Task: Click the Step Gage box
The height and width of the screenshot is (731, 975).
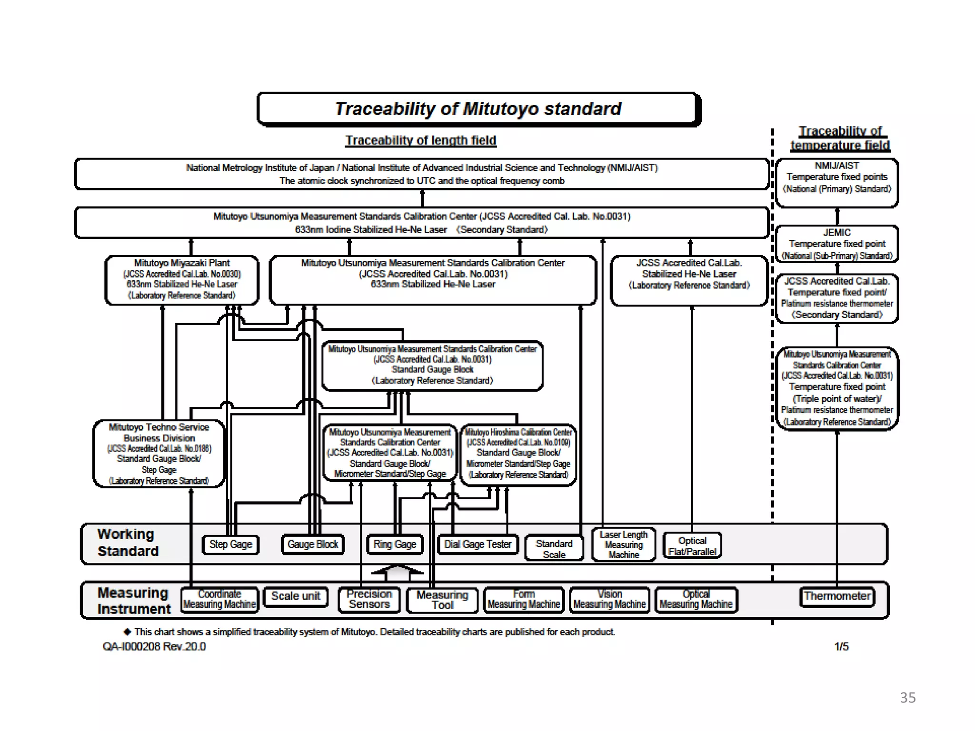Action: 230,544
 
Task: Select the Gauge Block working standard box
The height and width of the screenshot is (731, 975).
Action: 312,544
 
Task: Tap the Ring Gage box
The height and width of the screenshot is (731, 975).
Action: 395,544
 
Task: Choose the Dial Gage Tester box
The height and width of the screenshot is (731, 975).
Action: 478,544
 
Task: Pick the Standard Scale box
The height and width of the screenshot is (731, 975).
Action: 554,549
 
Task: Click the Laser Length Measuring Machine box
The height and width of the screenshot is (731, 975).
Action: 624,545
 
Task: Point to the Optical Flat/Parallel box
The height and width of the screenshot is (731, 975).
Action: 692,546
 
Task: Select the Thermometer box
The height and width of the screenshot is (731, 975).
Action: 837,596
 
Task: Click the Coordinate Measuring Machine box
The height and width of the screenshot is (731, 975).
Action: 219,599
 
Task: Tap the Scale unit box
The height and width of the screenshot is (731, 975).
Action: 296,596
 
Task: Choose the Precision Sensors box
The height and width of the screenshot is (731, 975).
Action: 369,600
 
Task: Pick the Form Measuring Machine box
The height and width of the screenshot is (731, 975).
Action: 524,600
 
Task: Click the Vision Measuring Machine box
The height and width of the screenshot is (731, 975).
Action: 609,600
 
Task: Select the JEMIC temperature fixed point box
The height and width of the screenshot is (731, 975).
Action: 837,244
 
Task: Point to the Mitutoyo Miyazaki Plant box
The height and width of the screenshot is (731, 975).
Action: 182,280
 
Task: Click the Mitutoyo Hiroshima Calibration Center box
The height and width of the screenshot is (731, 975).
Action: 518,454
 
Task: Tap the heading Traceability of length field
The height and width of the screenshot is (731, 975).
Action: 421,140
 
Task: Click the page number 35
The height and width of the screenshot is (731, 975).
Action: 907,698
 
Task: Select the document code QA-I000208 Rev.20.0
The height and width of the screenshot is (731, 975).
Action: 154,647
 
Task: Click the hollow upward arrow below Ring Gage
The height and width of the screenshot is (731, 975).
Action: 397,573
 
